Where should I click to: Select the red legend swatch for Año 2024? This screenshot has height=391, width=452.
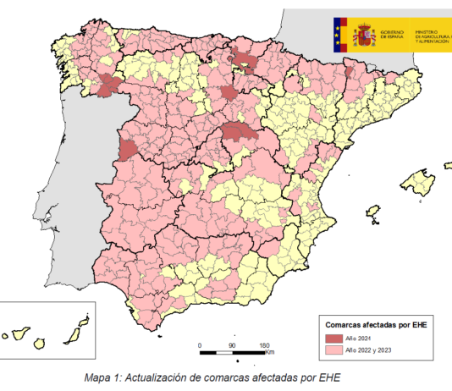pos(333,338)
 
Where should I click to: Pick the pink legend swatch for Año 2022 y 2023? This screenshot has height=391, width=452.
pos(333,349)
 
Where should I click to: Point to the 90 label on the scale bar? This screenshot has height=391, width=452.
pos(230,345)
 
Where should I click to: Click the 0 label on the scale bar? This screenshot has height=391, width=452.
pos(199,345)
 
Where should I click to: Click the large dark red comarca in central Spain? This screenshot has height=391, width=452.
pos(240,134)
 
